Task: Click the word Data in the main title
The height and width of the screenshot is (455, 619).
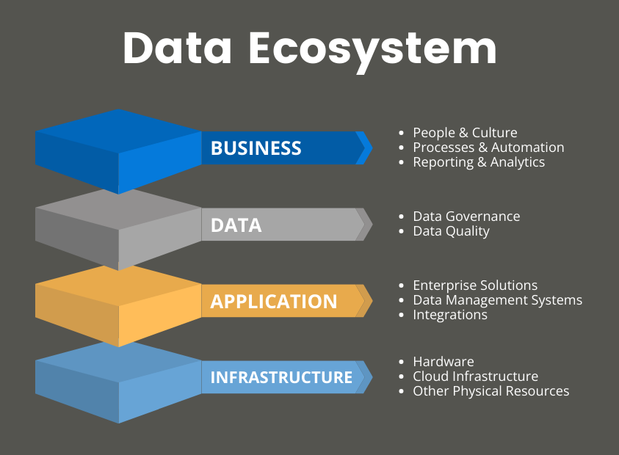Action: [x=177, y=48]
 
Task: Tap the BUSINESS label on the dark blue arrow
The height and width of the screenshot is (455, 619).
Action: [x=256, y=148]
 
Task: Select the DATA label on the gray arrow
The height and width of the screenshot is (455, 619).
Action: [x=236, y=225]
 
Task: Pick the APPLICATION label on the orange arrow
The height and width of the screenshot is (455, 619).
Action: [x=274, y=302]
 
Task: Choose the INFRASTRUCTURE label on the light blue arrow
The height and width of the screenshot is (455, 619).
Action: [x=281, y=377]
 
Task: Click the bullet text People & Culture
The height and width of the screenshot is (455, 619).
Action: [x=465, y=133]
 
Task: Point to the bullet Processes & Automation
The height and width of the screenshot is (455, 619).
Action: [x=488, y=148]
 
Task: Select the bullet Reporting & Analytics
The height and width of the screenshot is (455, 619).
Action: [x=479, y=162]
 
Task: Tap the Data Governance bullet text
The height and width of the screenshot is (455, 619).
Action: [x=466, y=216]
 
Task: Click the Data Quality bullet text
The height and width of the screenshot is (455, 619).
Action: [x=452, y=231]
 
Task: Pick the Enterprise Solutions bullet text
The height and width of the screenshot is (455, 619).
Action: [x=475, y=285]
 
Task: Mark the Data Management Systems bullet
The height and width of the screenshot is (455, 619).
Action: [x=497, y=300]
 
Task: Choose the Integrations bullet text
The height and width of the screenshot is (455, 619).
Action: [x=450, y=315]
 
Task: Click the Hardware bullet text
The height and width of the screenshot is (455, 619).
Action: [x=444, y=362]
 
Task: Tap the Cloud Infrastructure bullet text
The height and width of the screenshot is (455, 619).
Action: [x=475, y=376]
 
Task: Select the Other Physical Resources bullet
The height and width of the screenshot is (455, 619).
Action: [x=491, y=391]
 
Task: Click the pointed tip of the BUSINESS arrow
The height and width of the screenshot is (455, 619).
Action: [x=372, y=148]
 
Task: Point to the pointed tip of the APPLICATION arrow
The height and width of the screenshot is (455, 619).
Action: [x=372, y=301]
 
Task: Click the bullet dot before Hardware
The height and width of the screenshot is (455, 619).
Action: [x=402, y=362]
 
